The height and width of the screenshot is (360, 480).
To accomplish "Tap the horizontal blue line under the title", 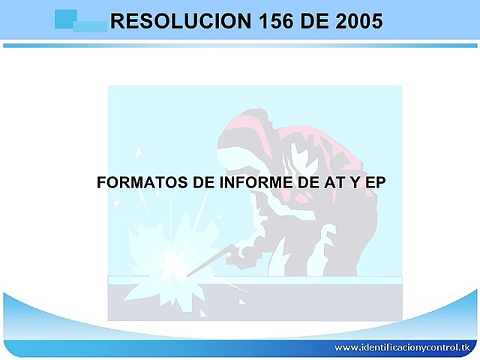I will [x=240, y=46].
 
